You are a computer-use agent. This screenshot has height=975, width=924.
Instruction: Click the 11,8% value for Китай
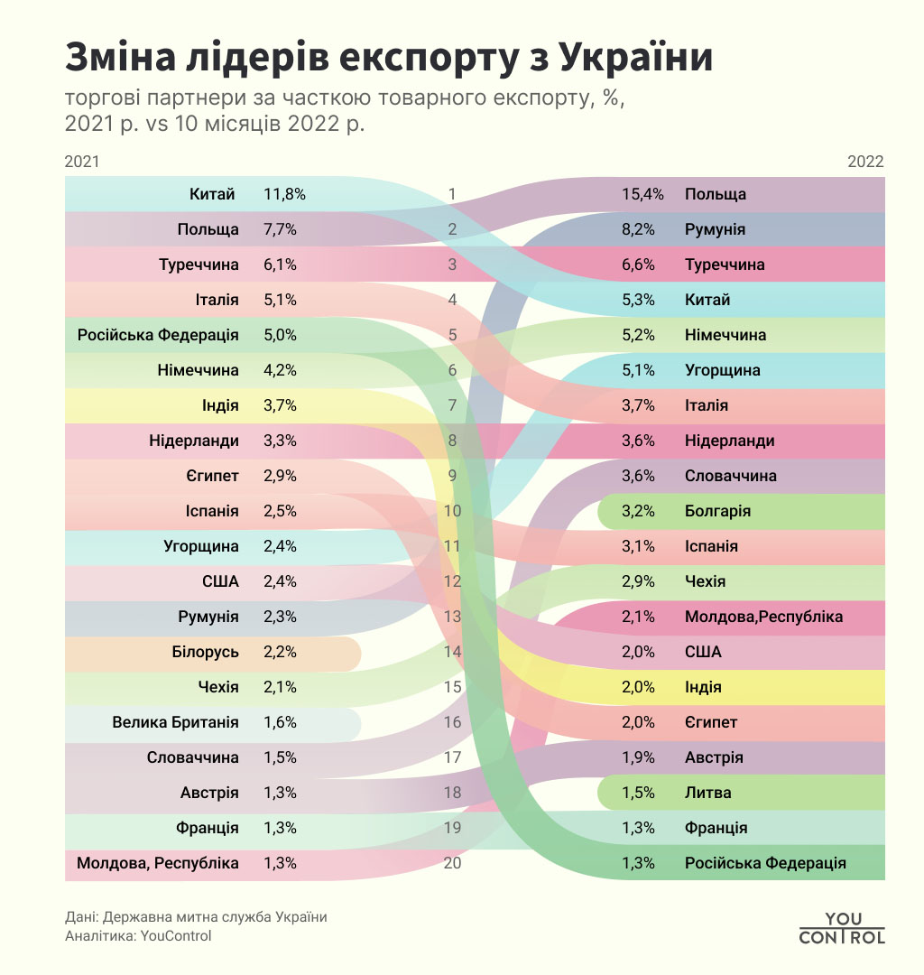[284, 194]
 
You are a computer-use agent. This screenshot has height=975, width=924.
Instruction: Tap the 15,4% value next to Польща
[643, 194]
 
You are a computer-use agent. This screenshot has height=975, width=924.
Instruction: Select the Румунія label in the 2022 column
[715, 229]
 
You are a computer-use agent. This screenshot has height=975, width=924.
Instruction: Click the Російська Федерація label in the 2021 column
[158, 335]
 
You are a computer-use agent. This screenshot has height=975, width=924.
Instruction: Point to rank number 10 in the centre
[452, 511]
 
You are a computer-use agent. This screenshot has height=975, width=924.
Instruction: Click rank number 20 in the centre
[452, 863]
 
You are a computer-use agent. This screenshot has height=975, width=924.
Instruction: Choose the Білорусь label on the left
[205, 652]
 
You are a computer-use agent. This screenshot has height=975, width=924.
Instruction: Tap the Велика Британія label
[175, 722]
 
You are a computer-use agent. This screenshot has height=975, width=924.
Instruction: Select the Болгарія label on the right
[718, 511]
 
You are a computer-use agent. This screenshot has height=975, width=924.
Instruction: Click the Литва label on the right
[708, 793]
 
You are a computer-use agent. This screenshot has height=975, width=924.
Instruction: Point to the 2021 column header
[82, 162]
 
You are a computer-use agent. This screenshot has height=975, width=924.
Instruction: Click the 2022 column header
[865, 162]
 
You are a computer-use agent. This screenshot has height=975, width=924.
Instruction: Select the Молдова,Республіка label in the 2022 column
[763, 617]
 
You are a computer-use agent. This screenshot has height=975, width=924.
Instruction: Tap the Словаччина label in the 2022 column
[731, 476]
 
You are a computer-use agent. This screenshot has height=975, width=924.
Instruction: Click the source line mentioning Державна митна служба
[196, 917]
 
